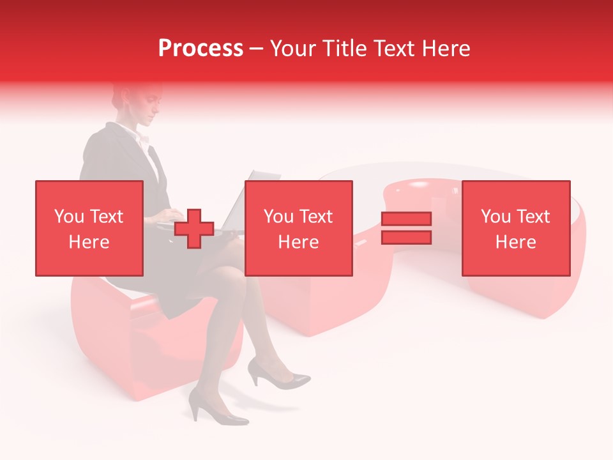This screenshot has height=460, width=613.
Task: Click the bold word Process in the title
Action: click(x=201, y=49)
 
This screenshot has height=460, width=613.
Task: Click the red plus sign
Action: click(x=194, y=229)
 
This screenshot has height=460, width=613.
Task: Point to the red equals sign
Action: click(x=406, y=228)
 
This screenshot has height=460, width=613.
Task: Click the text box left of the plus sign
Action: click(x=89, y=228)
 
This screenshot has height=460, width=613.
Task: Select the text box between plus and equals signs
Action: click(x=298, y=228)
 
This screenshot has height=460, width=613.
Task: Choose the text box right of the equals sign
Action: click(x=515, y=228)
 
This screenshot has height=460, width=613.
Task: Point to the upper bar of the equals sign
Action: click(x=406, y=219)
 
